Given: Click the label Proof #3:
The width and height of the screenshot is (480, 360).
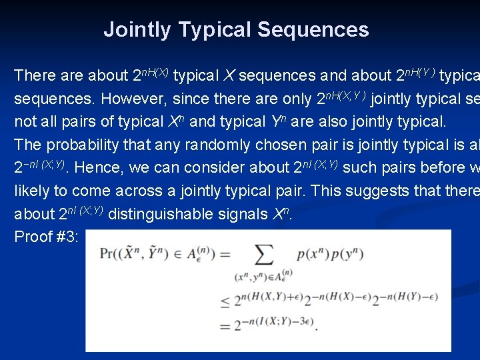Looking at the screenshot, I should click(x=45, y=237).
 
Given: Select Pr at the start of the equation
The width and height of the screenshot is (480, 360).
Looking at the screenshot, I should click(x=107, y=253).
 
